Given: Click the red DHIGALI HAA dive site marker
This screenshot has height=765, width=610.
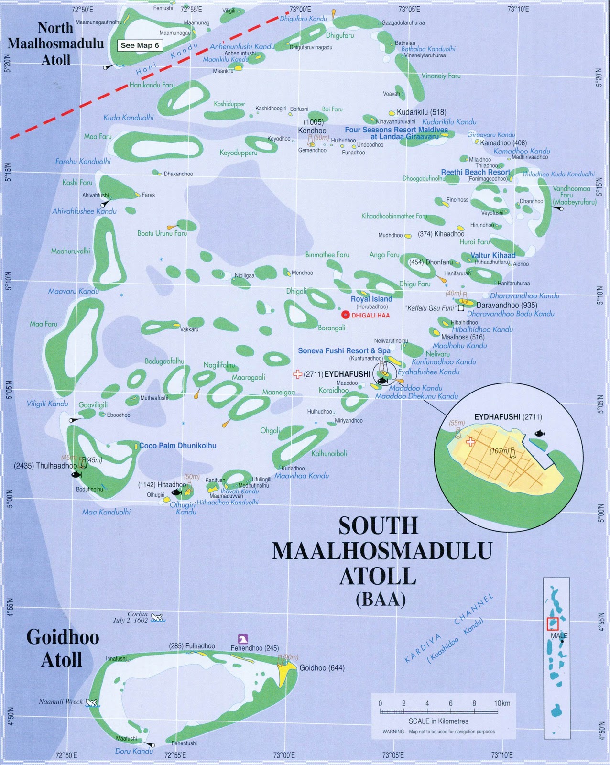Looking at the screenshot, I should tap(345, 315).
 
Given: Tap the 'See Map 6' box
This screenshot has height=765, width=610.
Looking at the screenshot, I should tap(140, 45).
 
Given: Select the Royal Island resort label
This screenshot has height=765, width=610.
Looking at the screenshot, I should tap(371, 299).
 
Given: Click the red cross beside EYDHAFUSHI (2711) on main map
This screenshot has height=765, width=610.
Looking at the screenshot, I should tap(298, 374).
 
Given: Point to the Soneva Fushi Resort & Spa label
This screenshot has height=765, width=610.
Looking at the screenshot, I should tap(344, 350).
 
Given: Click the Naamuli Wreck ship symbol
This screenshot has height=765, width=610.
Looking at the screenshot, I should tap(91, 702).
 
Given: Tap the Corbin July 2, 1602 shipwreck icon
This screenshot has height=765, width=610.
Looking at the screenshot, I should tap(157, 618).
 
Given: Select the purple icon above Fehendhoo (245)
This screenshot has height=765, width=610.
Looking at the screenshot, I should tap(243, 639).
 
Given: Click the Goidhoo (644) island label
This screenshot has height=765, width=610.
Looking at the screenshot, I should tap(322, 668).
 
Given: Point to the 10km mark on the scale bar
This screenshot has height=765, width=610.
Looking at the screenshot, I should tap(501, 703).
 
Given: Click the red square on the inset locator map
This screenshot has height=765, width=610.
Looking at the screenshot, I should tap(552, 623).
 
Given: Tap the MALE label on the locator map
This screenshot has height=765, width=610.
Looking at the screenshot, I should tap(559, 635).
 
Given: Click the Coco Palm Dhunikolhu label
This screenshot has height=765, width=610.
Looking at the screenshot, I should tap(178, 445).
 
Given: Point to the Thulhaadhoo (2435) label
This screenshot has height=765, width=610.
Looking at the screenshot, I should tap(45, 465).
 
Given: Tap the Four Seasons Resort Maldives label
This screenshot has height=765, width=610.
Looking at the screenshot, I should tap(396, 130).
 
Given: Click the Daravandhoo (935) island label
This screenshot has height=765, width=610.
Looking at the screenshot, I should tap(507, 305).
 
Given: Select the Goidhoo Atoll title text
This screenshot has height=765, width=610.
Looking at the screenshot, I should tap(62, 648).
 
